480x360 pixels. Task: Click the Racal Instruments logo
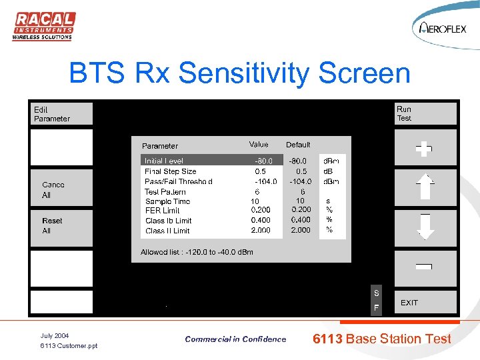pos(44,26)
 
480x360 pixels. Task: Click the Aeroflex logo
pos(443,27)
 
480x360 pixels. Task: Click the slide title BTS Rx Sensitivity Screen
pos(239,73)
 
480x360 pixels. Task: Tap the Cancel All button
pos(61,189)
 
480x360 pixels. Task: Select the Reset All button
pos(61,225)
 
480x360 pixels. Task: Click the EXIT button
pos(425,303)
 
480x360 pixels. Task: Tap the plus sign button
pos(425,149)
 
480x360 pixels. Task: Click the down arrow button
pos(425,227)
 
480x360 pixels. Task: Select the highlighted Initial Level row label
pos(164,161)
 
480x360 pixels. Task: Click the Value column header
pos(259,145)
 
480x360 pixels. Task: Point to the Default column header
pos(298,145)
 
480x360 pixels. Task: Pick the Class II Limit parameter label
pos(167,231)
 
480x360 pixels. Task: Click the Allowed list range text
pos(197,252)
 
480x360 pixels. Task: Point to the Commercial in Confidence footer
pos(235,339)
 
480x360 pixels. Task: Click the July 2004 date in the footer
pos(55,335)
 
